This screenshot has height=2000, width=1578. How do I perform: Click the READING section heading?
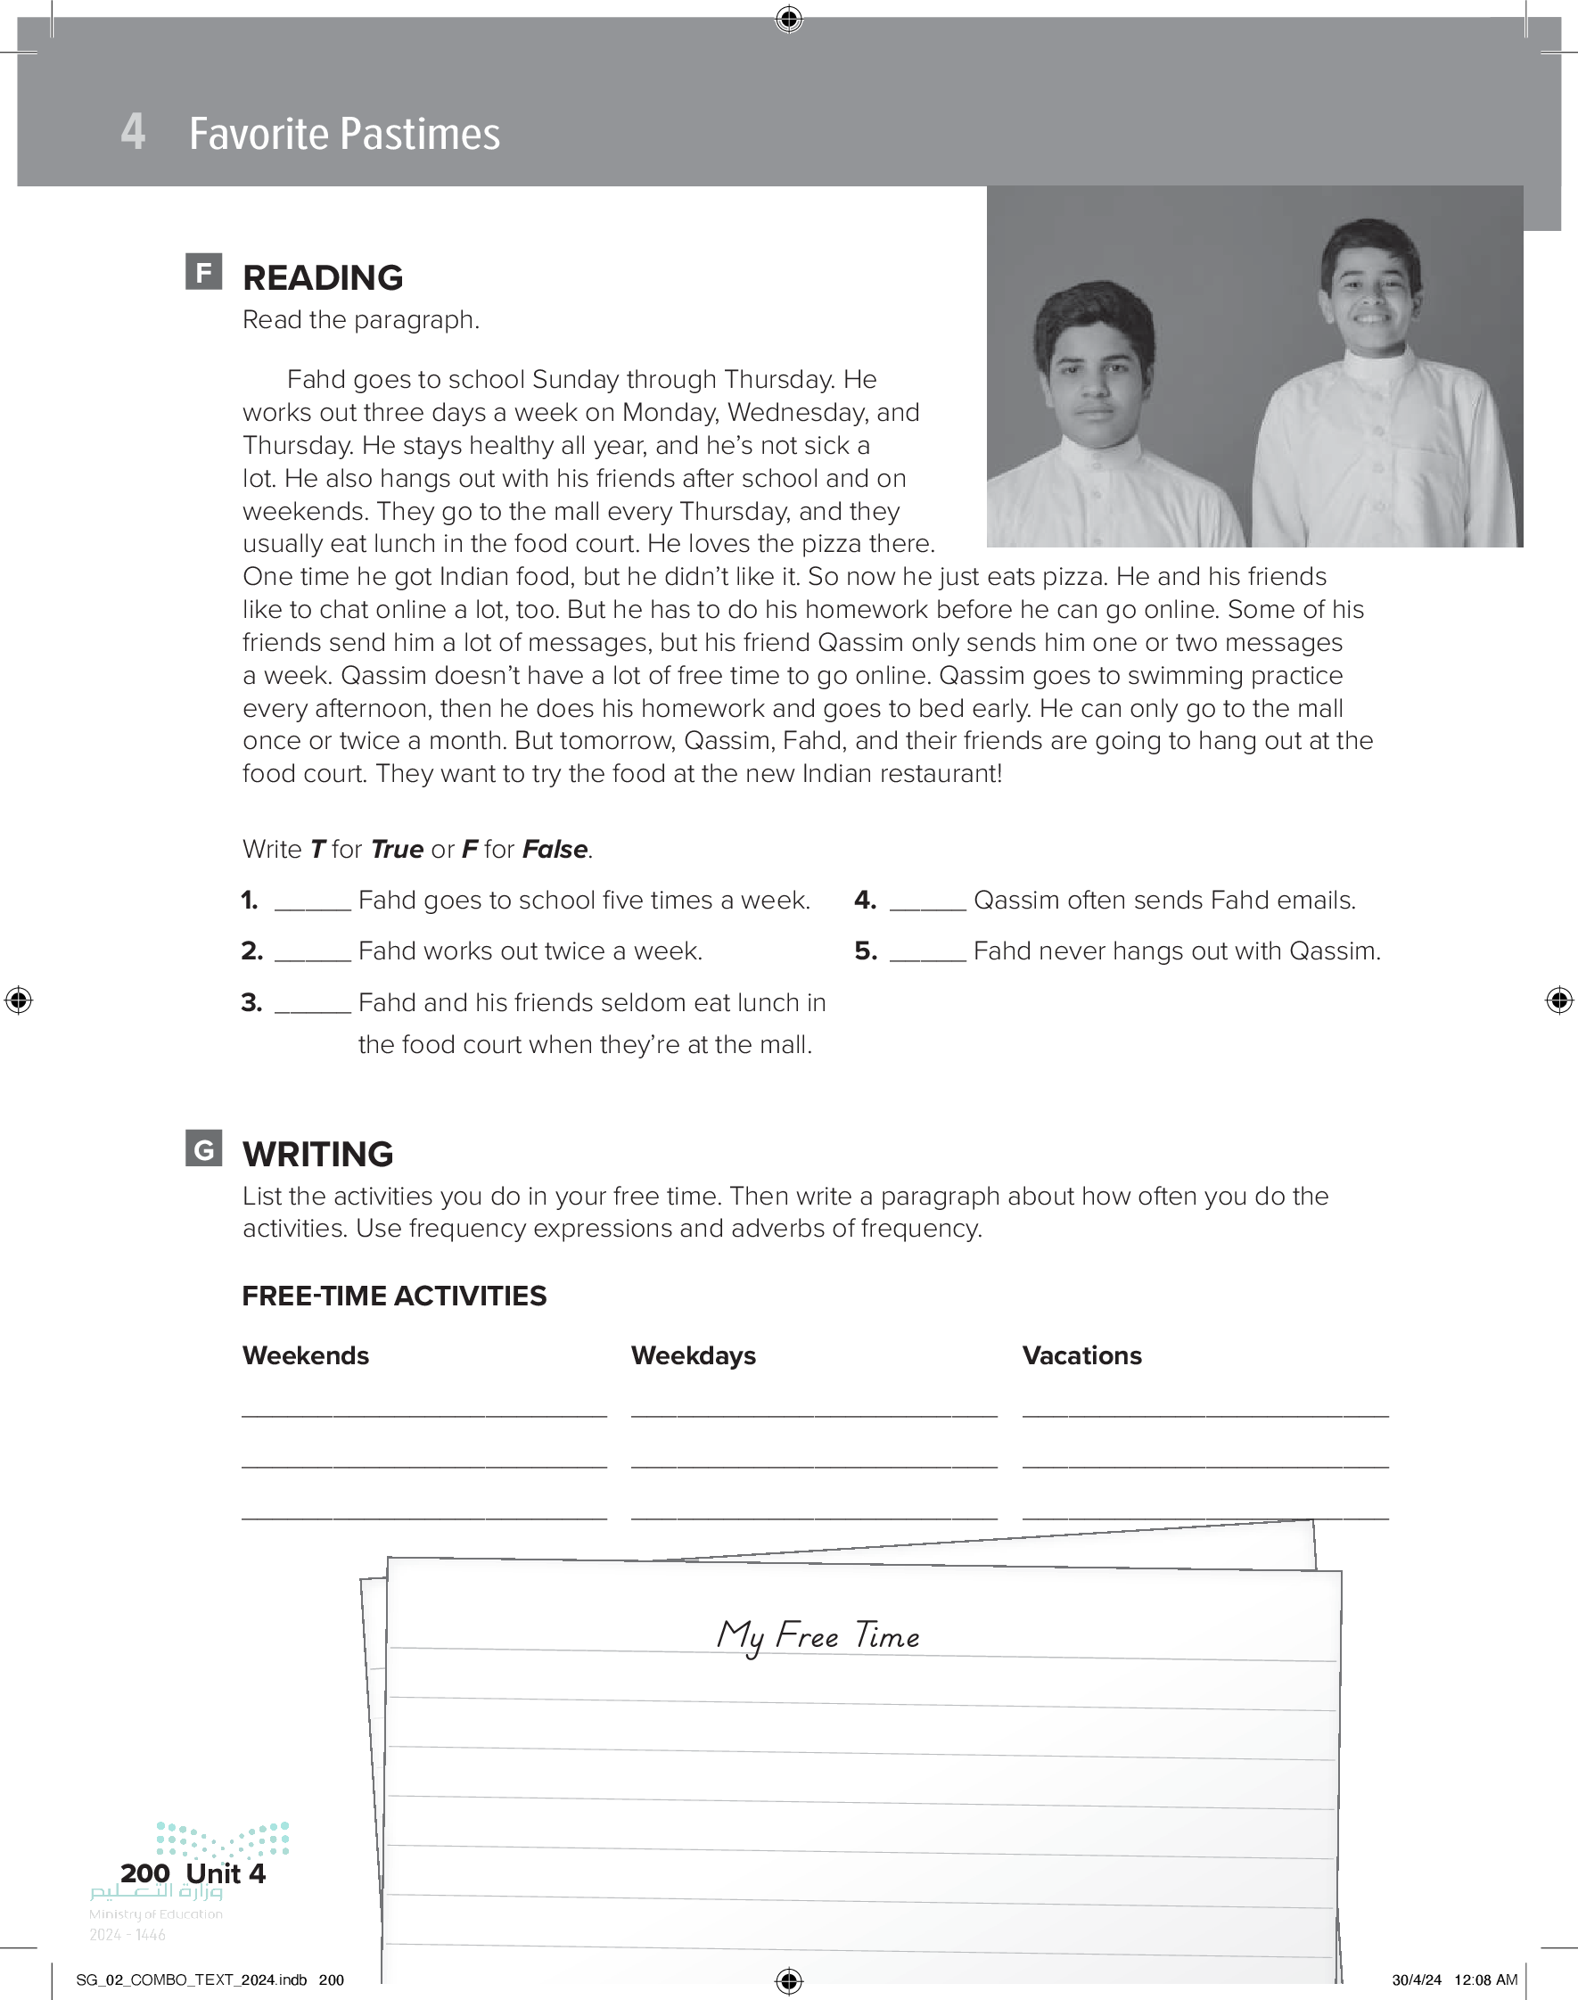[x=323, y=278]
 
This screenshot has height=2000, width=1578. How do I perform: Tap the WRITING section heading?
[x=317, y=1155]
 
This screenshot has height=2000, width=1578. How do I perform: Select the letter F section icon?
[x=203, y=272]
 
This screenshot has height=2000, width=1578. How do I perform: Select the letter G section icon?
[x=203, y=1148]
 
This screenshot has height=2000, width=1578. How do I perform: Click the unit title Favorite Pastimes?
[x=344, y=134]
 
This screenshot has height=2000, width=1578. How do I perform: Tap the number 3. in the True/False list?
[x=251, y=1003]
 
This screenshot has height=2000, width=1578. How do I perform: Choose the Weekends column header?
[x=306, y=1356]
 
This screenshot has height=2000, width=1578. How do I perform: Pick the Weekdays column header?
[x=693, y=1356]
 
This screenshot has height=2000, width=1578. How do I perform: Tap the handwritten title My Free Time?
[x=818, y=1636]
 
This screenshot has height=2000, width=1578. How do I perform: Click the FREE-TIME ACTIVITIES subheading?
[x=394, y=1296]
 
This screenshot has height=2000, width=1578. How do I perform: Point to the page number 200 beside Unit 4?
[x=145, y=1873]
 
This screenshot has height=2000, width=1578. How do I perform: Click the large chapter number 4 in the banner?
[x=133, y=132]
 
